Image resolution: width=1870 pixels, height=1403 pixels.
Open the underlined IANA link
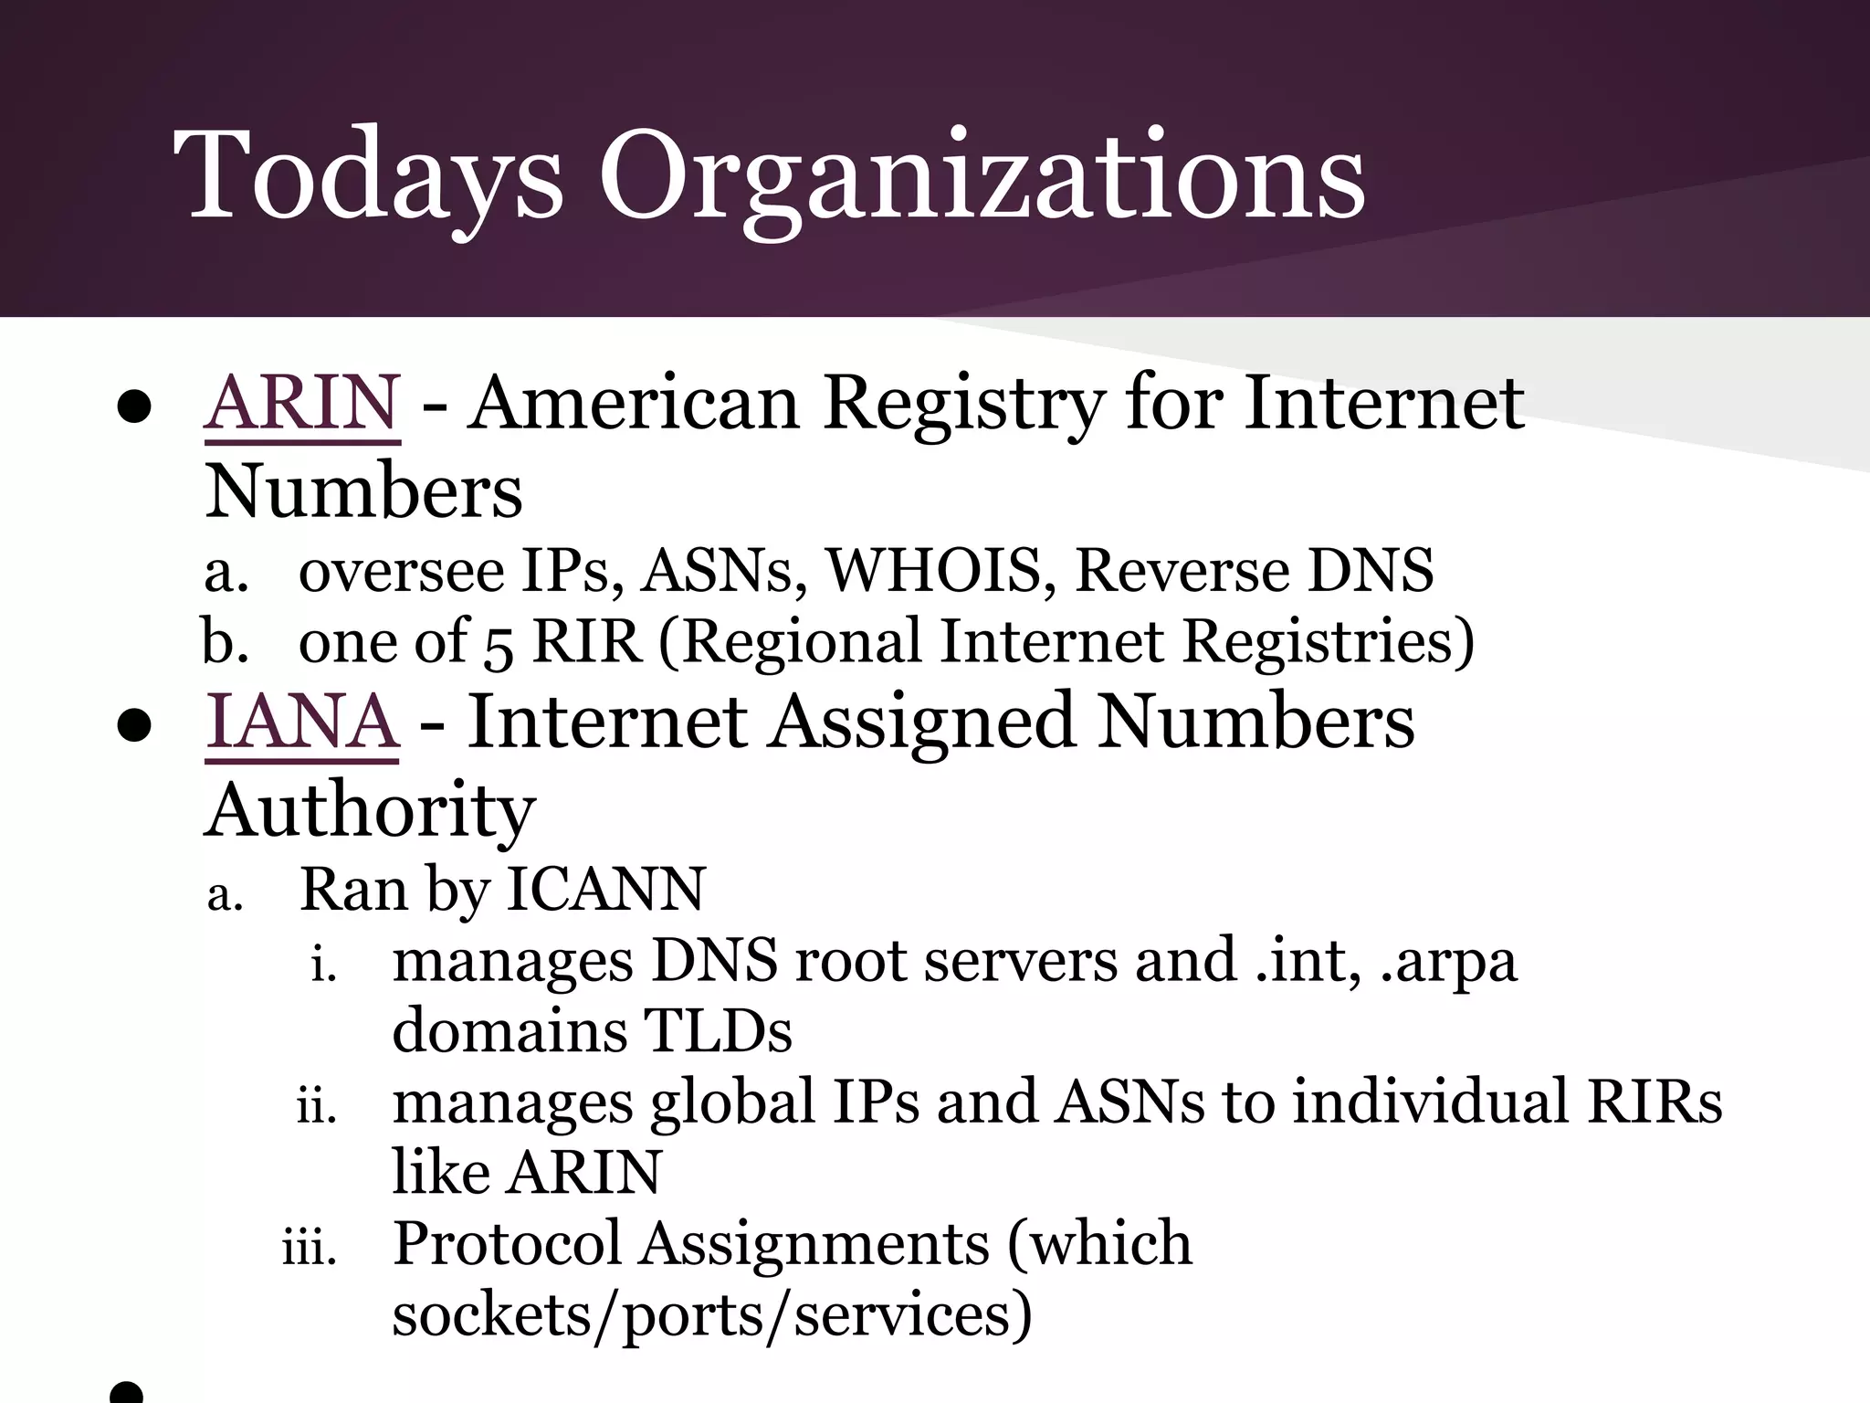point(302,723)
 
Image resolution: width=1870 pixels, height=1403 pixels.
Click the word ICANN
point(605,889)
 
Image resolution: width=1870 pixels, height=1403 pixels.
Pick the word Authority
point(370,810)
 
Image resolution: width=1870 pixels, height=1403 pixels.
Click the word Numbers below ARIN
point(363,492)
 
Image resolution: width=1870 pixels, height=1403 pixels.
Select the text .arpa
point(1448,962)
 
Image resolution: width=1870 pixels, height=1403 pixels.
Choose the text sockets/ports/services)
point(712,1314)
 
